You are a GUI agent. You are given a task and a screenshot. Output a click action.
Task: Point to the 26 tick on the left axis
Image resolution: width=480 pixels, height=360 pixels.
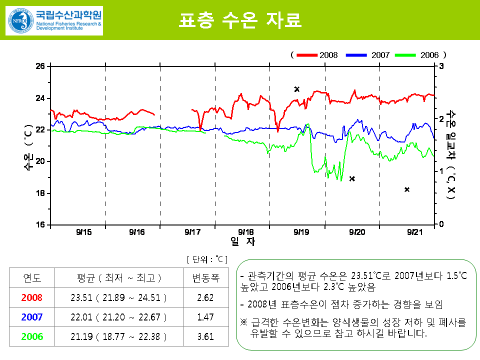coord(40,66)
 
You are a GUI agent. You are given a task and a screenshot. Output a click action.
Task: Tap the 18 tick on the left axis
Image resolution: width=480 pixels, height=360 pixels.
coord(40,193)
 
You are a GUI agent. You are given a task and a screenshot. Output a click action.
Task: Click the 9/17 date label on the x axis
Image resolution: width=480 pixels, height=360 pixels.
coord(192,232)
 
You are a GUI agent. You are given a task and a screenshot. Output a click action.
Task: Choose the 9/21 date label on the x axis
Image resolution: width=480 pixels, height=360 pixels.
coord(414,232)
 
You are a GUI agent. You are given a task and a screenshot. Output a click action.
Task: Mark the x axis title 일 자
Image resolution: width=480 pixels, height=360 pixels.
coord(242,242)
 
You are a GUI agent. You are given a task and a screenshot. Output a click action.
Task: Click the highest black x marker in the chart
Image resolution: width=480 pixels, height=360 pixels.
coord(296,89)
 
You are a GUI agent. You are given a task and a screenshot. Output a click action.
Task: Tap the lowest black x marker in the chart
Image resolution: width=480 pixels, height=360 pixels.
coord(407,189)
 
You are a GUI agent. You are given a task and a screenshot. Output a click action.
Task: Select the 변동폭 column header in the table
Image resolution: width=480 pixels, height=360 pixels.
coord(205,278)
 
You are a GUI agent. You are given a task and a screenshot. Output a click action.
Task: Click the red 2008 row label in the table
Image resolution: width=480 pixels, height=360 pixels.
coord(32,297)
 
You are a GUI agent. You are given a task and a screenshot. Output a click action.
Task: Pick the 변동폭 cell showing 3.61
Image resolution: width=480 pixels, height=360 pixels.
coord(205,336)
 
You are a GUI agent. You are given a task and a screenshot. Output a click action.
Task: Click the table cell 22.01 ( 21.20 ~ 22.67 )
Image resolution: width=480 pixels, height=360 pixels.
coord(118,317)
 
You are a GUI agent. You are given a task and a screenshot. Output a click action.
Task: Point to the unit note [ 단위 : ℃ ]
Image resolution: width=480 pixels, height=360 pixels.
coord(207,259)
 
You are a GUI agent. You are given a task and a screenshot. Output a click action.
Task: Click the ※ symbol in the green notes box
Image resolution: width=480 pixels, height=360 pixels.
coord(244,323)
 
